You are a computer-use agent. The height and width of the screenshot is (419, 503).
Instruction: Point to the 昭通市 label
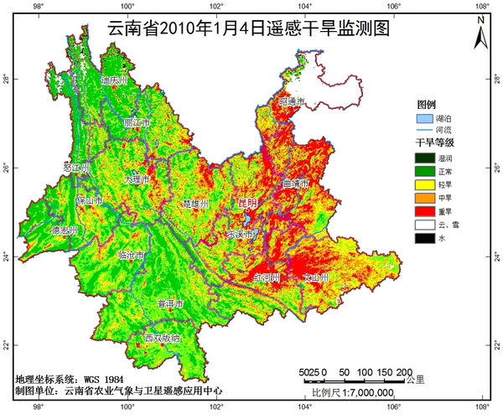coord(293,101)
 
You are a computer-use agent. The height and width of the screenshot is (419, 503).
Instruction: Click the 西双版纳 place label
coord(162,338)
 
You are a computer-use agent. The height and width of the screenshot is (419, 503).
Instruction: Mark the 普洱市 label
coord(171,303)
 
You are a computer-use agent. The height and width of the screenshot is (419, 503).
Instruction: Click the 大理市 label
coord(135,179)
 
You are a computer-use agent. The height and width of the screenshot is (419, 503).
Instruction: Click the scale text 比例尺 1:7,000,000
coord(353,392)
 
